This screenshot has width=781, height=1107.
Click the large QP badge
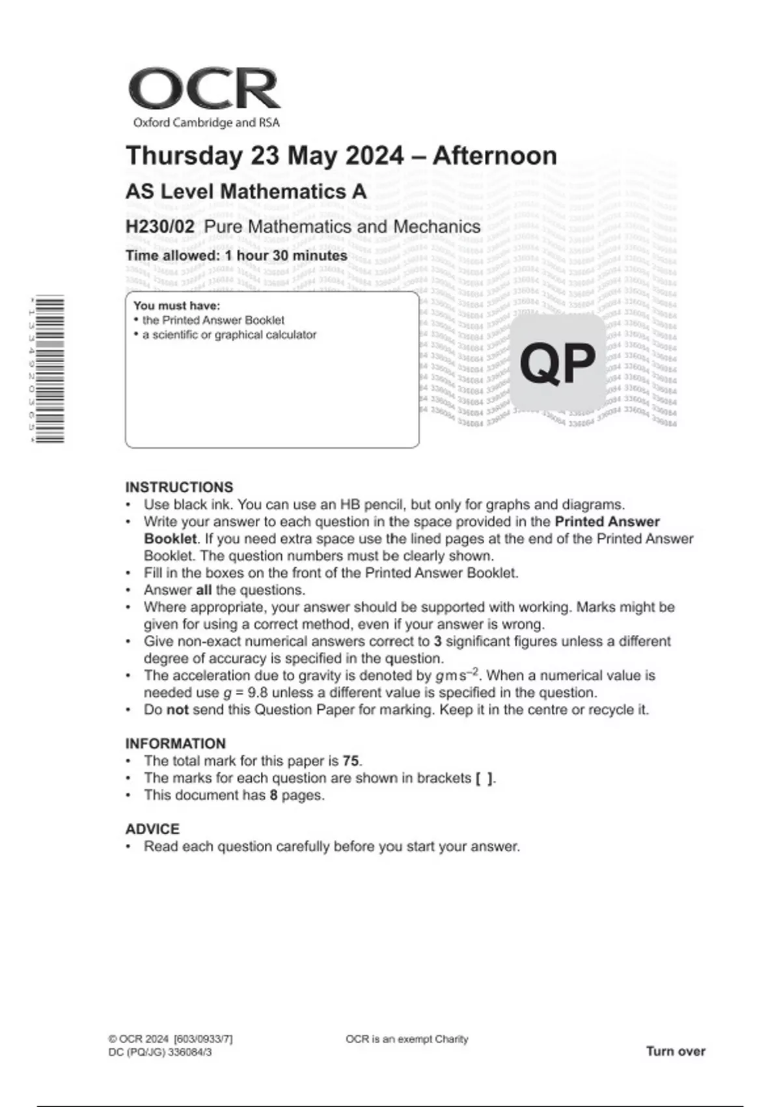(x=558, y=363)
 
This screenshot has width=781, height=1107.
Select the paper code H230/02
(x=160, y=227)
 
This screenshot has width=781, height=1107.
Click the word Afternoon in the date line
(x=495, y=156)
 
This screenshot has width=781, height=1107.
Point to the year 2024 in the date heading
(x=374, y=156)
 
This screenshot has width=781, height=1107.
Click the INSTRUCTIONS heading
(x=179, y=487)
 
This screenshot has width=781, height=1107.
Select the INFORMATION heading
(x=176, y=744)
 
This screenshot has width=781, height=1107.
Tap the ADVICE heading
(x=152, y=829)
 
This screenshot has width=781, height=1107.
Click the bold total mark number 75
(x=351, y=761)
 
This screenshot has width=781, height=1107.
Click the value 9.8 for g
(x=260, y=692)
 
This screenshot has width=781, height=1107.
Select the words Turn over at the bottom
(x=676, y=1051)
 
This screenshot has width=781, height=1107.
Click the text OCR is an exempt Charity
(x=407, y=1039)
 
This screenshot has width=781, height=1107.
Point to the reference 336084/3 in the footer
(x=190, y=1052)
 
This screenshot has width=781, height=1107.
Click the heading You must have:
(x=176, y=305)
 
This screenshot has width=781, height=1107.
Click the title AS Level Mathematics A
(x=246, y=191)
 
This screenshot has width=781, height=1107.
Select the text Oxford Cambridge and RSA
(x=206, y=122)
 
